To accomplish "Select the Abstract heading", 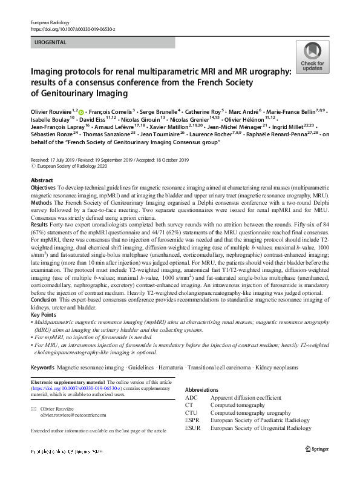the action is (x=41, y=181).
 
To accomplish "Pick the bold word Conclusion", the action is (x=44, y=300).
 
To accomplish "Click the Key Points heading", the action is (x=44, y=315).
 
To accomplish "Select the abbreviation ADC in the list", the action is (x=192, y=398).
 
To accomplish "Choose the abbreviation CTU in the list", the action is (x=192, y=413).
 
